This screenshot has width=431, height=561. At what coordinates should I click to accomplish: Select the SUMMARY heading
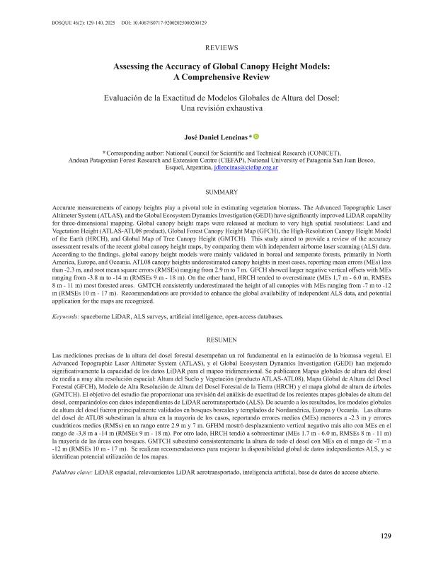pyautogui.click(x=215, y=192)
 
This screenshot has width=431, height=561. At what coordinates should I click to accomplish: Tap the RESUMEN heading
pyautogui.click(x=215, y=340)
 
